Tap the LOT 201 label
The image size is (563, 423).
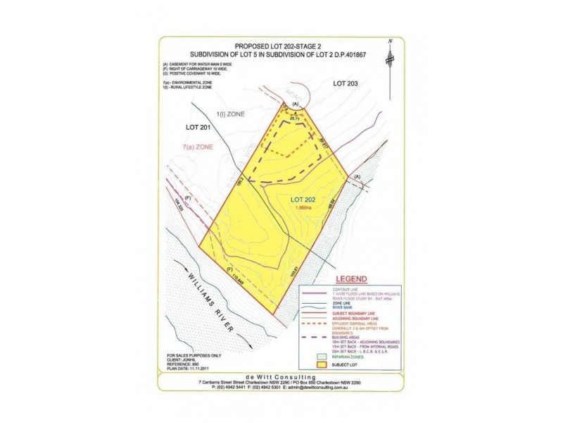[198, 128]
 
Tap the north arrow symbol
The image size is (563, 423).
[389, 56]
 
